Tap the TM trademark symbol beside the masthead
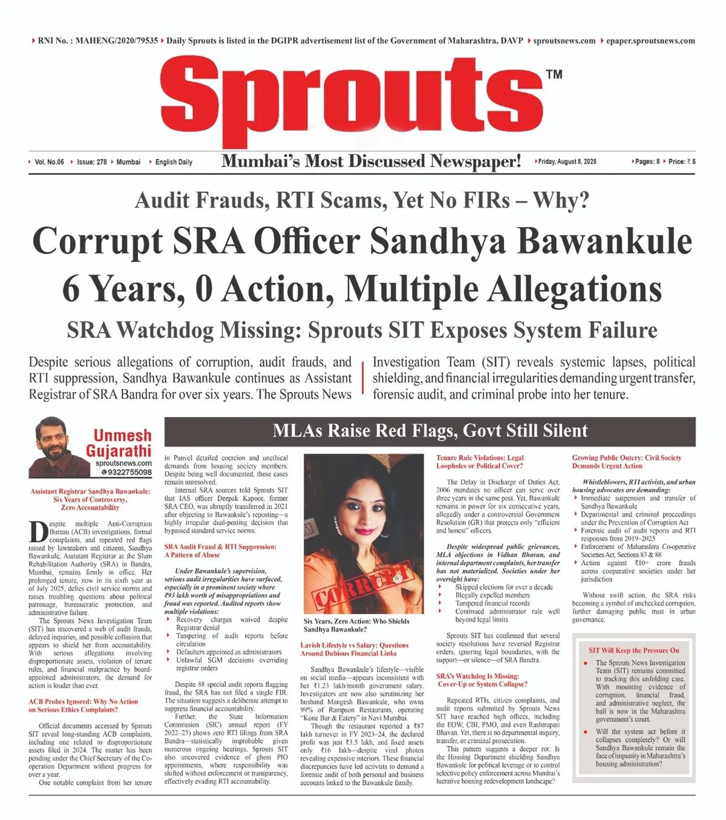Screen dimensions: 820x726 point(554,74)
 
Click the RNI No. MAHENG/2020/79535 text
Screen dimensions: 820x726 point(97,41)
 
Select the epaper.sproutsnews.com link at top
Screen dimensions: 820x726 point(650,41)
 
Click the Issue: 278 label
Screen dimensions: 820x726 point(91,162)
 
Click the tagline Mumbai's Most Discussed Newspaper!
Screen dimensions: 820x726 point(371,161)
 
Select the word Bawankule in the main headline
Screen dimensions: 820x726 point(604,241)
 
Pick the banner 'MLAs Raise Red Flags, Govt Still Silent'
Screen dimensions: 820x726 point(430,431)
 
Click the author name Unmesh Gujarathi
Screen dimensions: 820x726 point(119,443)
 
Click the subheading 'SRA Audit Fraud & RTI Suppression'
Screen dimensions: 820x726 point(220,546)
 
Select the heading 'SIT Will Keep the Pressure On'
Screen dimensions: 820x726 point(633,650)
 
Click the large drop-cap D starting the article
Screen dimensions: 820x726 point(38,531)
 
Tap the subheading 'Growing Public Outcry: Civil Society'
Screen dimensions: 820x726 point(626,458)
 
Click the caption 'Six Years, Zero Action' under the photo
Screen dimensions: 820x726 point(356,621)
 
